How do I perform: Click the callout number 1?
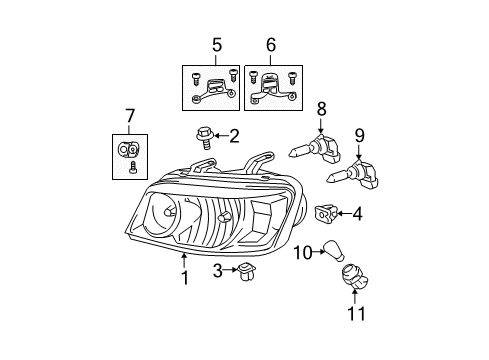point(185,277)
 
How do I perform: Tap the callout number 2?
point(234,134)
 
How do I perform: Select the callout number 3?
point(216,269)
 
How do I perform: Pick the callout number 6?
point(270,45)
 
